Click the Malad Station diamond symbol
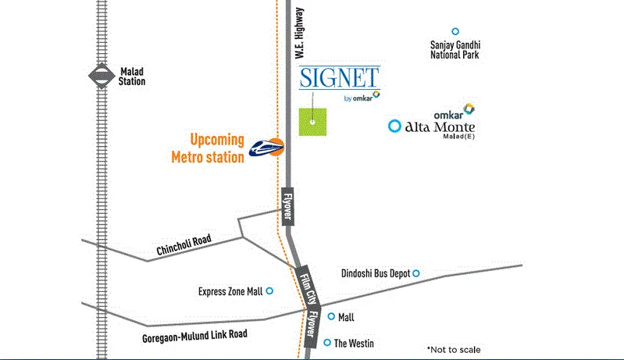click(x=100, y=76)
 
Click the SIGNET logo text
click(x=340, y=78)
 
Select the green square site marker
click(x=312, y=122)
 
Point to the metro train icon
click(x=266, y=146)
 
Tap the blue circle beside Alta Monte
click(x=395, y=125)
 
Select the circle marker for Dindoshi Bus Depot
click(x=416, y=273)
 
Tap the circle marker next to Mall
click(x=331, y=316)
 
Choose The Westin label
click(x=354, y=344)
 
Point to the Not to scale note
click(x=454, y=349)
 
